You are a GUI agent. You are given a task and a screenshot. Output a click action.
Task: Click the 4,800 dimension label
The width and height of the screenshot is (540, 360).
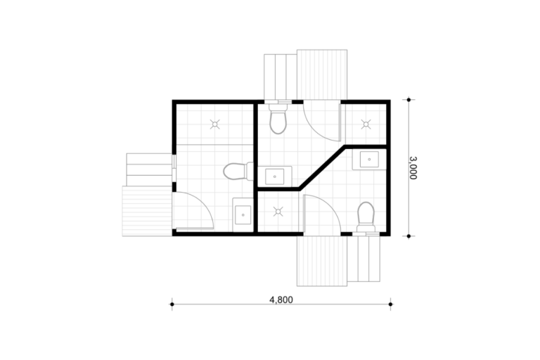point(281,300)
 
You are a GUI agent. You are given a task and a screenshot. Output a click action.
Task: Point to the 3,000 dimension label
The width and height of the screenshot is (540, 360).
point(413,168)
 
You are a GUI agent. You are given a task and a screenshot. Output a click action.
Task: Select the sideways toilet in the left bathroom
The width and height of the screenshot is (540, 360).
point(238,172)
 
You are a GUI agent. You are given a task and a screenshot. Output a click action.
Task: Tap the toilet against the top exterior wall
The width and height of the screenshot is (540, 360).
point(278,119)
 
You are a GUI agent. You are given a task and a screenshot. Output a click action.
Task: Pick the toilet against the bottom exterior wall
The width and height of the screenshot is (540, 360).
point(366,217)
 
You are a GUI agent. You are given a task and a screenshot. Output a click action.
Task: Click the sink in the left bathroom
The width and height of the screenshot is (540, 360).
point(243,214)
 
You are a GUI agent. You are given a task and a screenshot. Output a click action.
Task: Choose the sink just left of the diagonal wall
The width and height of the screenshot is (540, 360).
point(275,176)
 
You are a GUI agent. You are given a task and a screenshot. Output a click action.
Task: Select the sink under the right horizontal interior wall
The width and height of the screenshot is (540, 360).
point(369,160)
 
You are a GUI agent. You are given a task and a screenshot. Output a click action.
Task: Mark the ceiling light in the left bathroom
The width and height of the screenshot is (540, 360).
point(215,124)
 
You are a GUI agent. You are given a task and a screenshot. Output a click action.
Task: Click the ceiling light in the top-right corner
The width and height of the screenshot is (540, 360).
point(366,124)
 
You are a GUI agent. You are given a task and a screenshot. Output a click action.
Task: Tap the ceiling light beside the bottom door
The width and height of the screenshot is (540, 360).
point(278,212)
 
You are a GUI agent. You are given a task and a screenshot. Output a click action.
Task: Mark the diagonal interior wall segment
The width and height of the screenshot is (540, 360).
point(322,168)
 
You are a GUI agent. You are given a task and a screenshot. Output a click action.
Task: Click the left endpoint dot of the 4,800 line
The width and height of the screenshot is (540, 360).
point(172,304)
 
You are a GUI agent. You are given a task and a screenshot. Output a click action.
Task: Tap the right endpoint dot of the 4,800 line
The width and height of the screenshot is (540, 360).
point(390,304)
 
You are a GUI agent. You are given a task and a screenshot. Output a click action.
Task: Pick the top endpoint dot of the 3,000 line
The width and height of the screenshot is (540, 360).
point(409,100)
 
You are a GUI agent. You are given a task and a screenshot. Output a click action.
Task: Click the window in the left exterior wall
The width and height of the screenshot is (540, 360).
point(174,167)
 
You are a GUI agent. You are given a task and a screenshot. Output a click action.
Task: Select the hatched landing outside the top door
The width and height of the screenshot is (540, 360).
point(322,75)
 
